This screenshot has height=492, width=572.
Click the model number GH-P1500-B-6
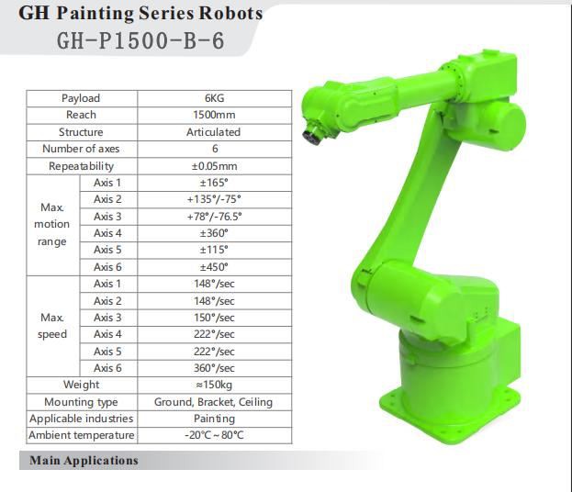point(140,40)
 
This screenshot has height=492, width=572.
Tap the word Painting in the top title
point(95,14)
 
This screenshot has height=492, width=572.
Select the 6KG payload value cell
point(215,98)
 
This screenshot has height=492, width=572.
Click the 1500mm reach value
point(214,115)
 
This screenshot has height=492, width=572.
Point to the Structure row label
point(81,132)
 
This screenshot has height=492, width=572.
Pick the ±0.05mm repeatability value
point(215,166)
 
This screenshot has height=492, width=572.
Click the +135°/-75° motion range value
point(214,199)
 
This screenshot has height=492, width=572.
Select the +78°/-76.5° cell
point(215,217)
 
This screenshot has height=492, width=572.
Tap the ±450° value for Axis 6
point(214,267)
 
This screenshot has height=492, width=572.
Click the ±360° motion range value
point(214,233)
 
